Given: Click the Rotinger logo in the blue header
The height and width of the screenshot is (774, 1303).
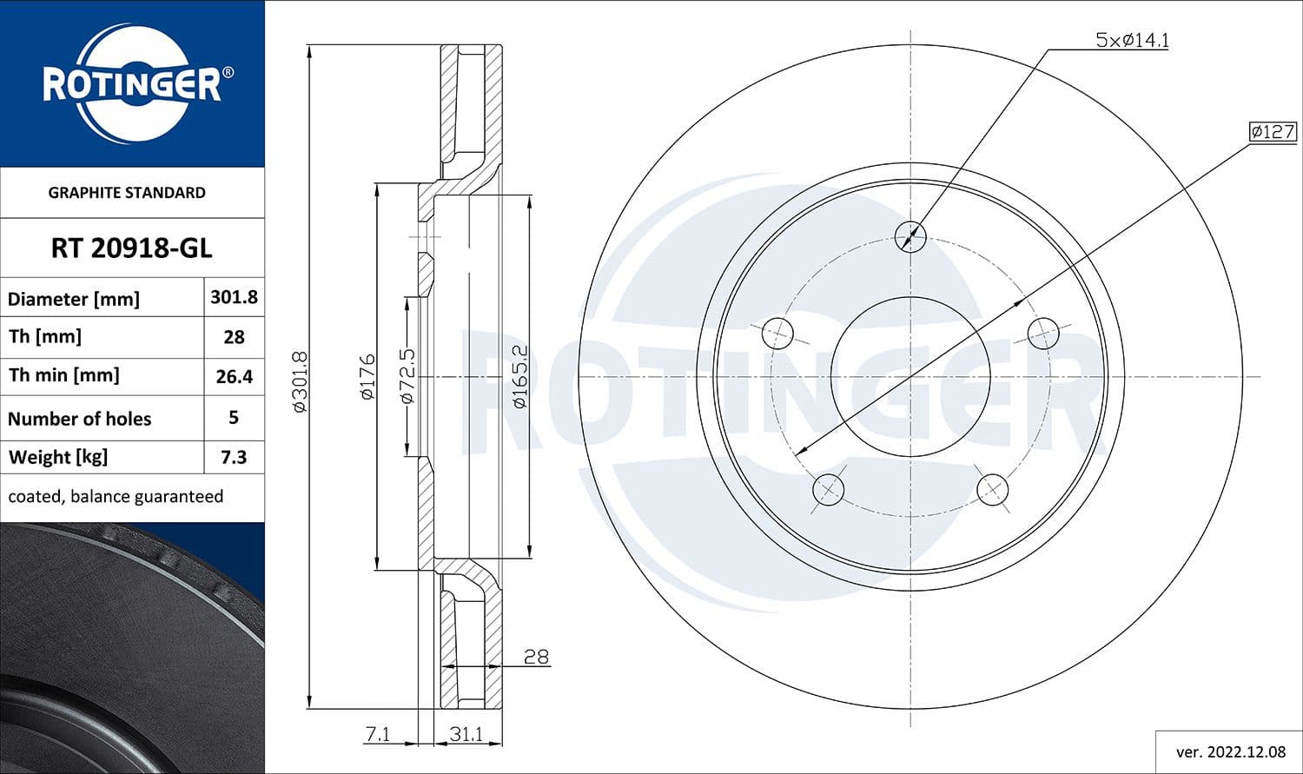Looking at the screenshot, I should point(133,84).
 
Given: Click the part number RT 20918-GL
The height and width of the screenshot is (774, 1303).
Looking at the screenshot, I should point(131,248).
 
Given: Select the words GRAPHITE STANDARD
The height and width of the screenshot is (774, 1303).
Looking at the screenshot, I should point(127,193).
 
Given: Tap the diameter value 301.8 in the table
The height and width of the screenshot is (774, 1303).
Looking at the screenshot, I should point(234,297).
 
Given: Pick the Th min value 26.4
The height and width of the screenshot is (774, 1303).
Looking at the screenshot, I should point(234,376).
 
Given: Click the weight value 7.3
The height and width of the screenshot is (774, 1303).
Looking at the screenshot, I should point(234,457).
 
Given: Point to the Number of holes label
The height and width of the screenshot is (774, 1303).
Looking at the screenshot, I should point(79,419).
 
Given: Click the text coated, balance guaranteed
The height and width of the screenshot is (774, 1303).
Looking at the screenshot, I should point(116,496).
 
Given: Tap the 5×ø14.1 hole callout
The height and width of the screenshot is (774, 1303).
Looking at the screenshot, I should point(1131,40).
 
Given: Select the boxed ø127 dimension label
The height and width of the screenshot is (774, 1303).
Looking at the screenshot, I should point(1272,132).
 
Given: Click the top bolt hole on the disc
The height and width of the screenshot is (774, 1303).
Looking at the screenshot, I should point(910,235).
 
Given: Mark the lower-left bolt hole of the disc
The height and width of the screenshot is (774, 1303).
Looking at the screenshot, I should point(828,489).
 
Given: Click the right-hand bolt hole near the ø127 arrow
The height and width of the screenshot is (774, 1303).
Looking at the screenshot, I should point(1043,332).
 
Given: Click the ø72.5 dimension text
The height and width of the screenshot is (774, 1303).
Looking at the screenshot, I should point(407,376).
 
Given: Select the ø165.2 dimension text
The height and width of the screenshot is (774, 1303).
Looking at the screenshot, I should point(519,376).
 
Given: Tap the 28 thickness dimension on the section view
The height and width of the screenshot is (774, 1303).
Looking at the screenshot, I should point(536,657).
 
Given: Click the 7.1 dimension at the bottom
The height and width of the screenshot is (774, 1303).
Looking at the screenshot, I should point(377,734).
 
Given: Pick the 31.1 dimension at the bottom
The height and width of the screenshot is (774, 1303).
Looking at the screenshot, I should point(466,734).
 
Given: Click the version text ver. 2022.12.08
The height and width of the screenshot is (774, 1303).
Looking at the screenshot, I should point(1230,751).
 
